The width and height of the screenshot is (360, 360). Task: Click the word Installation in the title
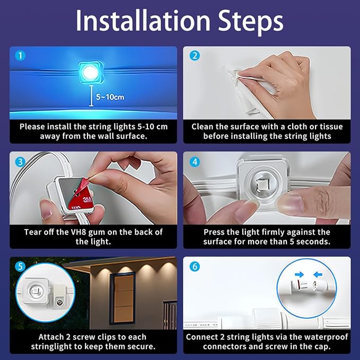[143, 21]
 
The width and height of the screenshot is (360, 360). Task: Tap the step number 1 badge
[20, 56]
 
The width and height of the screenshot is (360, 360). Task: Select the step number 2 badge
[195, 56]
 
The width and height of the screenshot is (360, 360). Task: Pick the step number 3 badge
[20, 162]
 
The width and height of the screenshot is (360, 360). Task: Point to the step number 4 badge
[195, 162]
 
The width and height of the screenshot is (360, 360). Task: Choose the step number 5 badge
[20, 267]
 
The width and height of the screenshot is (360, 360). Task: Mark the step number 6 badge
[195, 267]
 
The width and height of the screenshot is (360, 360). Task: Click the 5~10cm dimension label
[110, 97]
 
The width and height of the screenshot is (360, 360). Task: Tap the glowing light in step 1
[91, 72]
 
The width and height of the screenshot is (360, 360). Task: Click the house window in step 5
[122, 298]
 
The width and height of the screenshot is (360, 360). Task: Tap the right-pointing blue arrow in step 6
[300, 274]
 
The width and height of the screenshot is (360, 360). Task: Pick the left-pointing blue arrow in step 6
[318, 274]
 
